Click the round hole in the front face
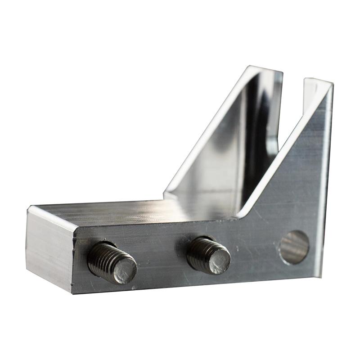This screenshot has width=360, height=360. tap(294, 247)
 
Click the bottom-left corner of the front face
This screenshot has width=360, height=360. tap(74, 292)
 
